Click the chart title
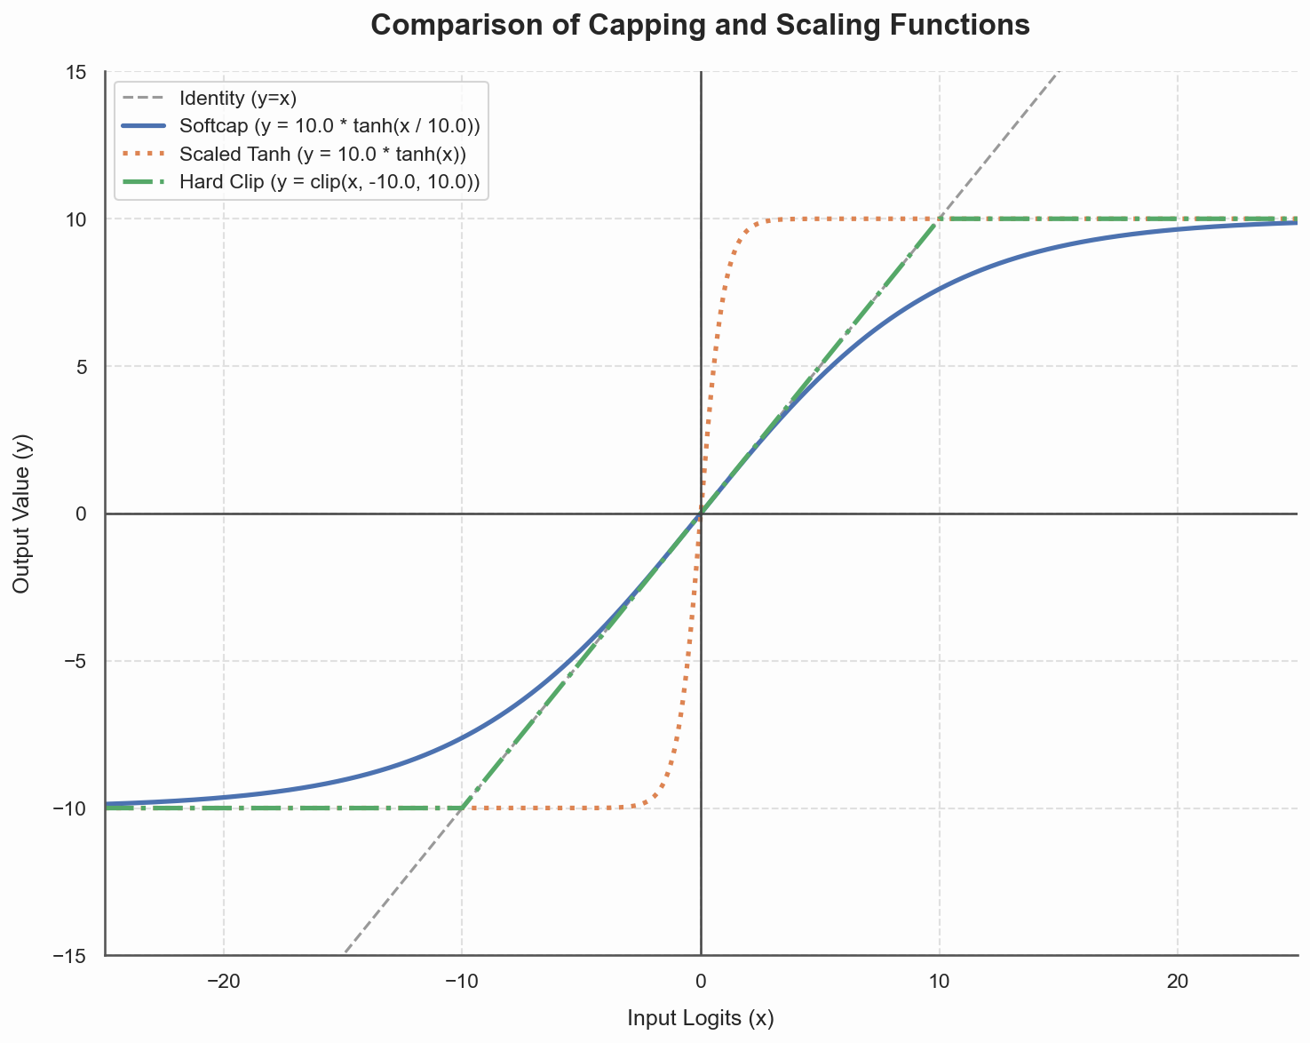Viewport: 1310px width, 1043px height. point(700,25)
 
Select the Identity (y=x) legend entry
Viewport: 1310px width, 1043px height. point(237,98)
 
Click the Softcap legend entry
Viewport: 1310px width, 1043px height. point(329,125)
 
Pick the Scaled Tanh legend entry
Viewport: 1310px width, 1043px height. point(322,154)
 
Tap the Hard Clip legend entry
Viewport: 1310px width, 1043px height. point(329,182)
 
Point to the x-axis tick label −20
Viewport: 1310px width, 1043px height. point(223,982)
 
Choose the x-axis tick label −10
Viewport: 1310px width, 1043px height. point(462,982)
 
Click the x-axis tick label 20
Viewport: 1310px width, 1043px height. point(1178,982)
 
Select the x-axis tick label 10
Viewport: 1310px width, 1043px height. point(940,982)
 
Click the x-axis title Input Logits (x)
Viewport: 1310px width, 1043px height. point(701,1018)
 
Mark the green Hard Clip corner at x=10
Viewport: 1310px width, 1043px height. point(940,219)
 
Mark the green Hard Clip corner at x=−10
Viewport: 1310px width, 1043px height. point(462,808)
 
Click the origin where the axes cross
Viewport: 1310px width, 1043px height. point(701,514)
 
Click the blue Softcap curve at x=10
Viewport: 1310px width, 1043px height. point(940,289)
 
